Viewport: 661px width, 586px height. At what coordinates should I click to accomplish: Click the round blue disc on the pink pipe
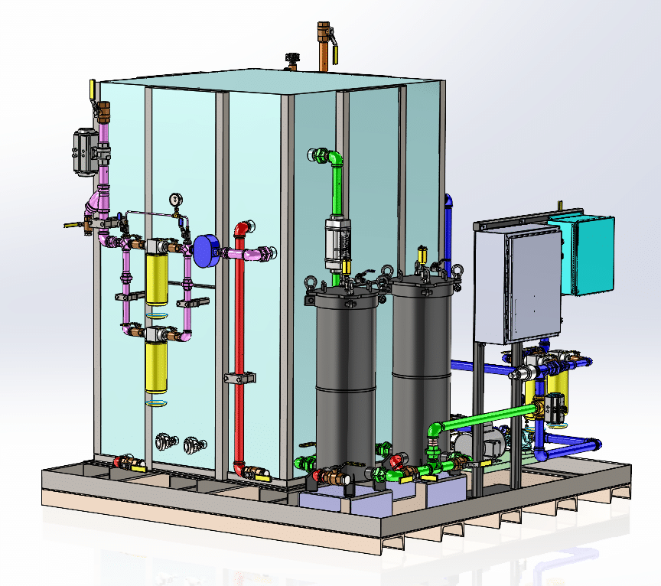coord(206,251)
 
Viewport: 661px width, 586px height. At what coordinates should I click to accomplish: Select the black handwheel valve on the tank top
coord(291,59)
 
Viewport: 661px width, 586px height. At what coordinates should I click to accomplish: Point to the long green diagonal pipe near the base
coord(490,417)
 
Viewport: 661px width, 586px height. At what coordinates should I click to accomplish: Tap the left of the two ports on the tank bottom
coord(164,441)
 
